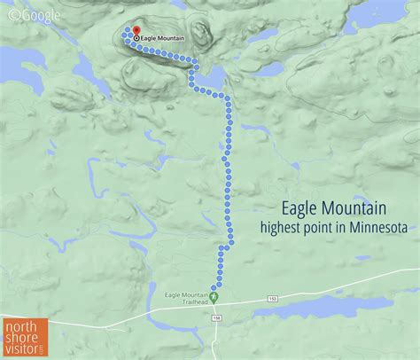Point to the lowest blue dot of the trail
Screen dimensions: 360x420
pyautogui.click(x=213, y=286)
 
